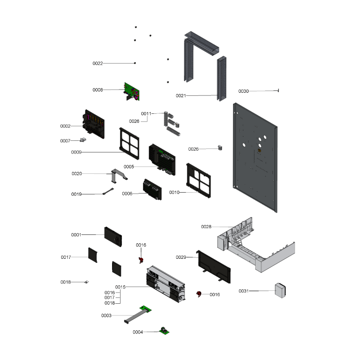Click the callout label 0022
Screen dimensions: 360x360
click(98, 63)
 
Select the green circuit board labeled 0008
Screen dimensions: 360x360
click(132, 92)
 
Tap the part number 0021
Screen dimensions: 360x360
click(181, 96)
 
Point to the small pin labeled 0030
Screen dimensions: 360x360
click(278, 91)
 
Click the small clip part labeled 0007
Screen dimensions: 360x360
click(83, 139)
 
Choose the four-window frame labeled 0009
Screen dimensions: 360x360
click(129, 144)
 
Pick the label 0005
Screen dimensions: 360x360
click(129, 166)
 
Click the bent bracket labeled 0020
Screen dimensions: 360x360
click(119, 175)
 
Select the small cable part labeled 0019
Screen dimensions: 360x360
click(108, 191)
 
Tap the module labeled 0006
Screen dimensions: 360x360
click(152, 189)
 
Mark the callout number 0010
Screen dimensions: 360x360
click(174, 193)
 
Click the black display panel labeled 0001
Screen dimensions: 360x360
click(113, 237)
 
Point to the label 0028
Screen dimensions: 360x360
click(206, 227)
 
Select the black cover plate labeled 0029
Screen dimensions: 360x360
click(213, 267)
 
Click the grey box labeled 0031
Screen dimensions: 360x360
click(280, 290)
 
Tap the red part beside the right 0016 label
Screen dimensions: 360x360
click(199, 294)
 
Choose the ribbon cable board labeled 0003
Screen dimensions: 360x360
click(138, 315)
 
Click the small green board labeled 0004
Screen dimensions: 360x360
click(164, 331)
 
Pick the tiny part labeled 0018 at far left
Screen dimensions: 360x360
click(86, 282)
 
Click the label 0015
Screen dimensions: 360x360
click(120, 287)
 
